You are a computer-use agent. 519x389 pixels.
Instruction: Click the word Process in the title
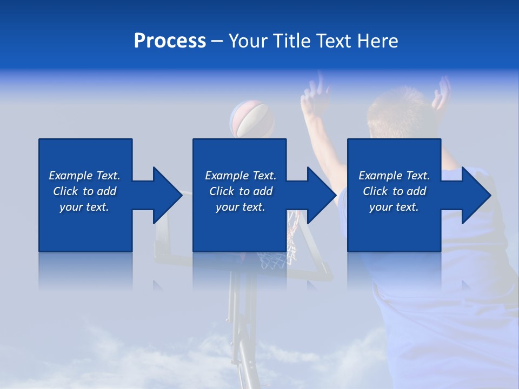(170, 41)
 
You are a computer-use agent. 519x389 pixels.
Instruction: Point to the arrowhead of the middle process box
(321, 195)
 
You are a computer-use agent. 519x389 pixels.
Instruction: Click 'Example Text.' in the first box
(84, 176)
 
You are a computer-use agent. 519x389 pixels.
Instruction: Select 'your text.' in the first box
(84, 207)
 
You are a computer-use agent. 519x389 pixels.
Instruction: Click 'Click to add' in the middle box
(241, 191)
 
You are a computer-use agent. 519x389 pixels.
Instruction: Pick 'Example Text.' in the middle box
(241, 176)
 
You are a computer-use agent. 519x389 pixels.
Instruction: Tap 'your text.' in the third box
(394, 207)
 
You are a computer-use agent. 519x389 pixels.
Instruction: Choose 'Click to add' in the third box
(394, 191)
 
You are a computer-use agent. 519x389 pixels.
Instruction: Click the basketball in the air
(251, 119)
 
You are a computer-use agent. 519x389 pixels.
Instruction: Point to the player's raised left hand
(314, 97)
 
